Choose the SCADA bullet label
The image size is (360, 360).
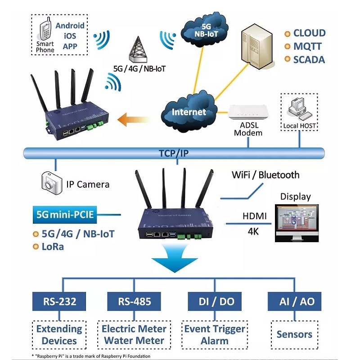309,59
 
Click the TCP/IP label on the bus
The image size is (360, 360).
174,153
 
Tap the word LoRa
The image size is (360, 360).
53,247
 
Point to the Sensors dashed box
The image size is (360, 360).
294,334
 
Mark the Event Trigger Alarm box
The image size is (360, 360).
215,334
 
